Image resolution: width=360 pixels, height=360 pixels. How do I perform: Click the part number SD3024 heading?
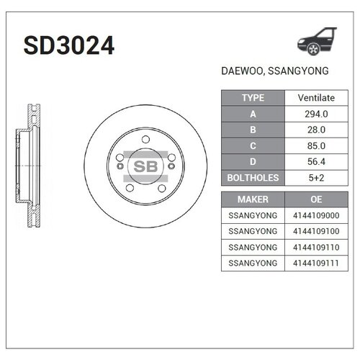click(x=69, y=47)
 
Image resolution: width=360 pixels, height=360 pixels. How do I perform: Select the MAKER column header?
click(x=253, y=199)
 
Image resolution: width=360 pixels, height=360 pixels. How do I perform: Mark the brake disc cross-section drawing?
click(x=30, y=165)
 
